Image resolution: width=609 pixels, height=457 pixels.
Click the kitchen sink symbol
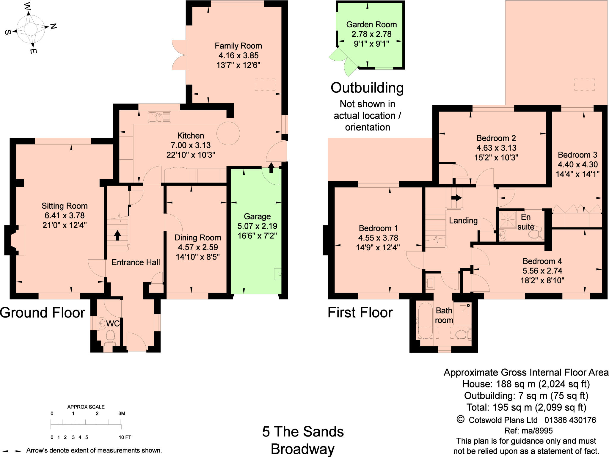click(x=159, y=117)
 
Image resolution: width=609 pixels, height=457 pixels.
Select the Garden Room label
click(x=371, y=24)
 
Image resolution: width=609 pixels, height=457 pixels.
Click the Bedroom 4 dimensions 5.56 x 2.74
click(x=542, y=271)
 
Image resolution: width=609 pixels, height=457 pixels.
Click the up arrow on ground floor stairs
click(x=117, y=235)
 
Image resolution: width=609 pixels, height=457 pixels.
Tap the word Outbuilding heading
click(x=367, y=88)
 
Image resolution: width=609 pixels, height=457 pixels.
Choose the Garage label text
click(x=257, y=216)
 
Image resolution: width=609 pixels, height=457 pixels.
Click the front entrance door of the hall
click(x=137, y=342)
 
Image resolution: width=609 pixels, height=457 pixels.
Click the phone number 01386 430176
click(x=570, y=420)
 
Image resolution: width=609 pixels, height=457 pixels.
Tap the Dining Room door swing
click(x=172, y=222)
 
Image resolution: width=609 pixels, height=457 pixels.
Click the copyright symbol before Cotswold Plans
click(x=460, y=420)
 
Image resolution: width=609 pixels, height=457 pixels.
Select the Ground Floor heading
click(x=43, y=313)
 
